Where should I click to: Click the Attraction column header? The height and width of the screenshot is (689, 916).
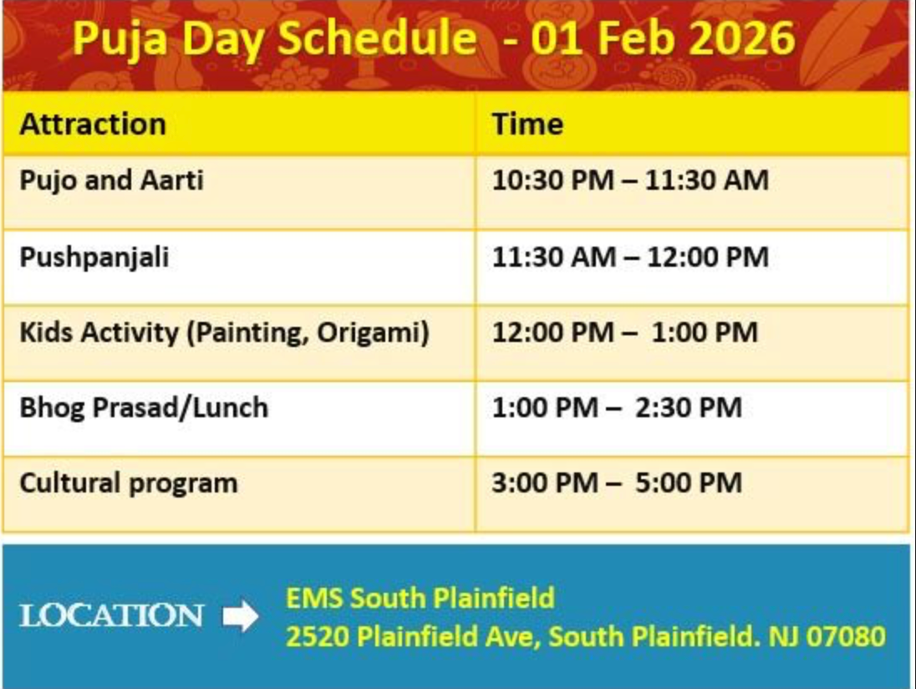click(x=93, y=124)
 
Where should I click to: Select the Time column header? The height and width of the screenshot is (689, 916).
click(x=527, y=124)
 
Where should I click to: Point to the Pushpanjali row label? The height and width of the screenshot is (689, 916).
click(x=94, y=258)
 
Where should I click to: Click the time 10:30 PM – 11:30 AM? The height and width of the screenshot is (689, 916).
click(x=630, y=180)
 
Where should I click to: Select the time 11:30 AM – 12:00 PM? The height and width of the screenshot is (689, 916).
click(x=630, y=258)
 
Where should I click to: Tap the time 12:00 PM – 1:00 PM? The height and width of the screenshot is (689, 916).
click(x=625, y=333)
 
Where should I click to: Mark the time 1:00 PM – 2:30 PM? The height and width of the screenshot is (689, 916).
click(x=617, y=408)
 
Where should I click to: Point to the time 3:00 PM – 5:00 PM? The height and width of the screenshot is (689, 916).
click(x=617, y=483)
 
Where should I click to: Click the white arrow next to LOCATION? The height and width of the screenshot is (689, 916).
click(x=240, y=616)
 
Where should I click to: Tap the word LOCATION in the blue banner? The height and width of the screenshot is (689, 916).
click(x=111, y=616)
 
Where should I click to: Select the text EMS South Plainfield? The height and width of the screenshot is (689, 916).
click(x=420, y=599)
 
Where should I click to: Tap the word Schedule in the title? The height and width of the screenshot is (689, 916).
click(x=377, y=38)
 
